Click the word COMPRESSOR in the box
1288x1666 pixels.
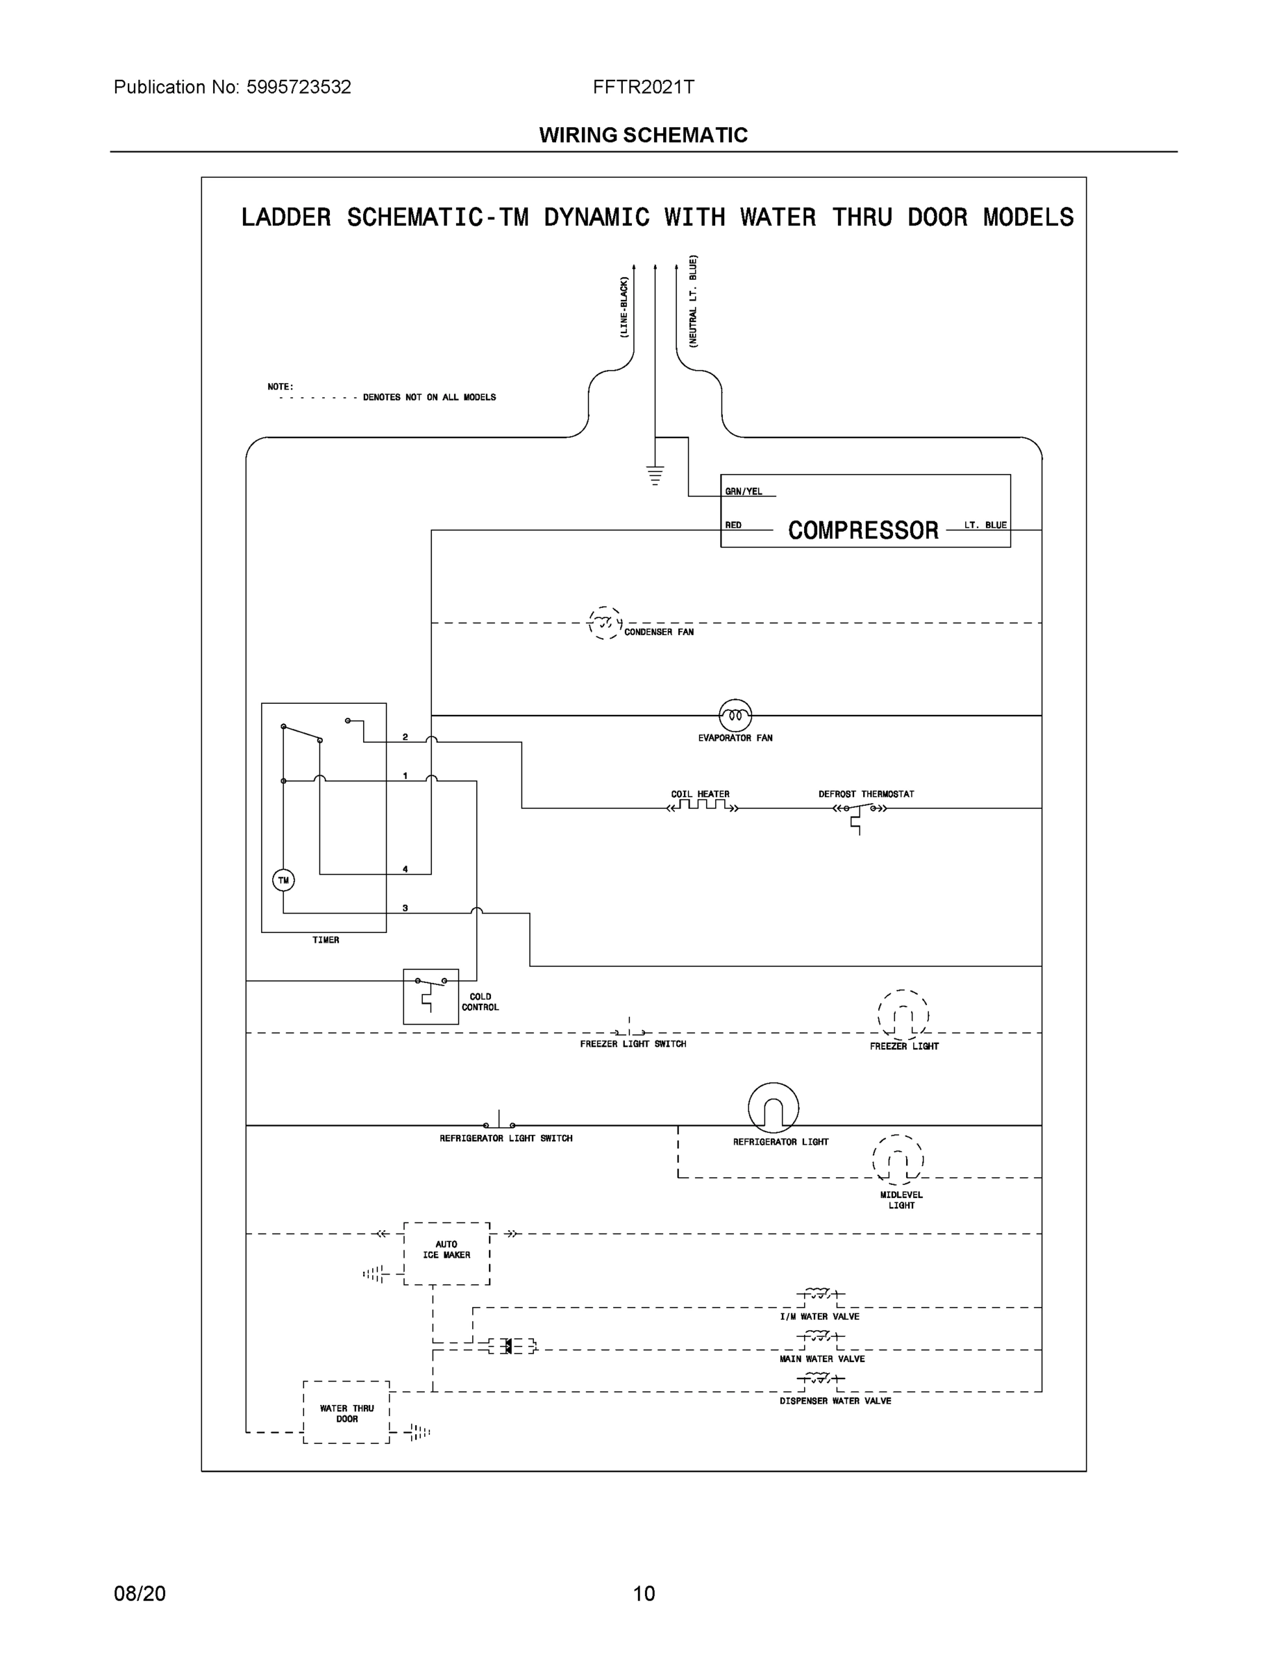863,530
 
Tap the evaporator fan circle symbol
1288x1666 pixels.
735,716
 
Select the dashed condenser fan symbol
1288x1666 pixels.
604,623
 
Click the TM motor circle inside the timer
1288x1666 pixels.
283,880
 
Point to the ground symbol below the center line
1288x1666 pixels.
655,476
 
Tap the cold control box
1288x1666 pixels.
430,996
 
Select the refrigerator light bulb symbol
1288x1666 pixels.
773,1107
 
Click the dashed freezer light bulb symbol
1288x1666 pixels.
903,1016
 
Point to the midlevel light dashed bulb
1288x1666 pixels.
898,1161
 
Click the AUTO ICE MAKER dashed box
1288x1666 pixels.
446,1253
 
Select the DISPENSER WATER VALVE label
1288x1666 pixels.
835,1402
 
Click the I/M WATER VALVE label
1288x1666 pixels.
819,1317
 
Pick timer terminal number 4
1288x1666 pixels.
405,869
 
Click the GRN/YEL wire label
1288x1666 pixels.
743,491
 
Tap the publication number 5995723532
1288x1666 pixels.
299,87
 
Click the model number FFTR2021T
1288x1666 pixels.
643,87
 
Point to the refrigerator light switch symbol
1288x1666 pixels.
499,1123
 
